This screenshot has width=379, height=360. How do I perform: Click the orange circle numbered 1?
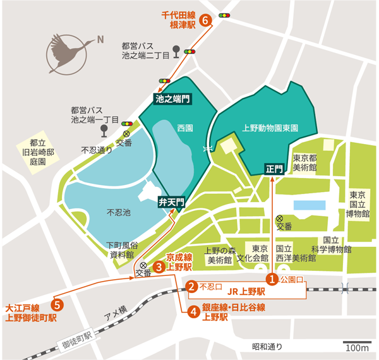pyautogui.click(x=272, y=278)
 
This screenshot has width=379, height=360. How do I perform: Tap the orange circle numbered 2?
pyautogui.click(x=191, y=286)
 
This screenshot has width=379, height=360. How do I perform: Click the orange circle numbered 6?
pyautogui.click(x=205, y=20)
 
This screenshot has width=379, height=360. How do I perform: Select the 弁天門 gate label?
pyautogui.click(x=171, y=202)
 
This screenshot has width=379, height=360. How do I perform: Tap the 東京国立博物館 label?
pyautogui.click(x=358, y=203)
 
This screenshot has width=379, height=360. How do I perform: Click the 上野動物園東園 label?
pyautogui.click(x=270, y=127)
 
